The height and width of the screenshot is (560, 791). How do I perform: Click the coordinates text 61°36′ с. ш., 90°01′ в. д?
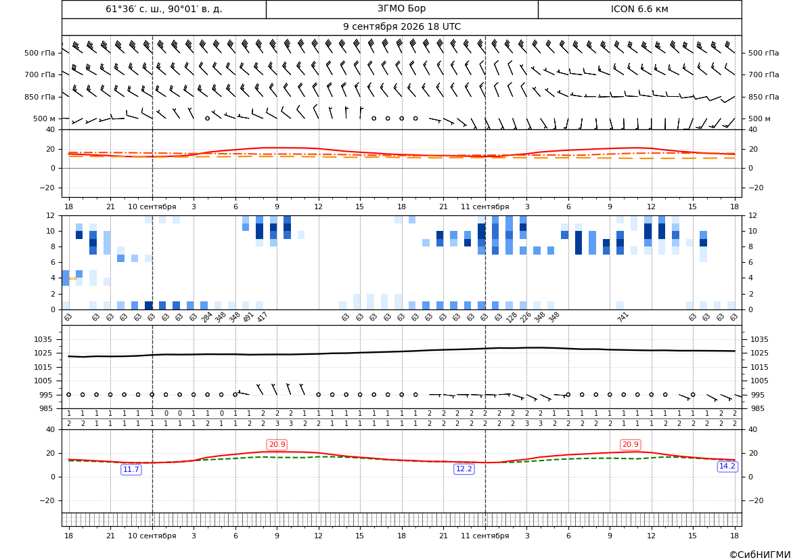point(164,9)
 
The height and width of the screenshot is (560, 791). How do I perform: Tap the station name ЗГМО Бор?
point(401,9)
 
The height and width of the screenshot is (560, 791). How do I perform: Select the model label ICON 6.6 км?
point(639,9)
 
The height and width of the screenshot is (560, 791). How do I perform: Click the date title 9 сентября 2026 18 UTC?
point(401,27)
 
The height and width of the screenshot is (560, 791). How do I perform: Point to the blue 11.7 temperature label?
point(131,470)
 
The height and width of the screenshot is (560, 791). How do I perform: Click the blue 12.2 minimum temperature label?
point(464,469)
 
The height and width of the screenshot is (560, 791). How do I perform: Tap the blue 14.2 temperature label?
point(727,466)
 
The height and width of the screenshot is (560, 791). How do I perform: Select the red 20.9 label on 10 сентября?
point(277,444)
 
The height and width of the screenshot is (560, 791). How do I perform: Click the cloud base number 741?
point(623,317)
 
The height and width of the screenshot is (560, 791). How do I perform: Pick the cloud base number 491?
point(248,317)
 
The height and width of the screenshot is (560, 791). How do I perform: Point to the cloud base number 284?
point(207,317)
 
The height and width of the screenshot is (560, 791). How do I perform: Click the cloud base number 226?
point(526,317)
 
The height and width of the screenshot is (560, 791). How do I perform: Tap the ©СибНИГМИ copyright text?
point(760,555)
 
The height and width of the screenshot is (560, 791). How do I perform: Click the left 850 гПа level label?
point(39,97)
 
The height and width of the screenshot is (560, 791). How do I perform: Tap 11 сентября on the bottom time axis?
point(484,536)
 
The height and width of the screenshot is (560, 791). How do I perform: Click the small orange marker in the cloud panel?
point(72,278)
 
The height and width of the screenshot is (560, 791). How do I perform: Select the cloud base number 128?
point(512,317)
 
